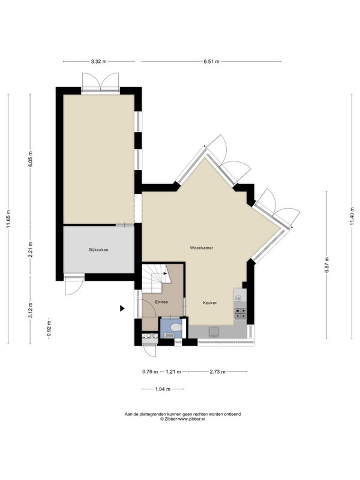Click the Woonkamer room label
coord(202,248)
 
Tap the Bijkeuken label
coord(98,250)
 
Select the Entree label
coord(161,302)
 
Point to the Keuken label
coord(211,303)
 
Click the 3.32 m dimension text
coord(98,61)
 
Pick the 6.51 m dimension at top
coord(212,61)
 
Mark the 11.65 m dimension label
coord(8,218)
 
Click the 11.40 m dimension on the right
coord(352,216)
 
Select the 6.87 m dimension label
coord(326,265)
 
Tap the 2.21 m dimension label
coord(31,250)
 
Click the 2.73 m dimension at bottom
coord(217,372)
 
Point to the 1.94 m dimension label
coord(163,389)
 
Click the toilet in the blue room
coord(176,328)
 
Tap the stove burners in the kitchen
coord(241,313)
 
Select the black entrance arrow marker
coord(122,308)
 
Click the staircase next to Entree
coord(155,278)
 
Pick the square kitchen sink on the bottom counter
coord(214,332)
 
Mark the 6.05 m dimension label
coord(31,159)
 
